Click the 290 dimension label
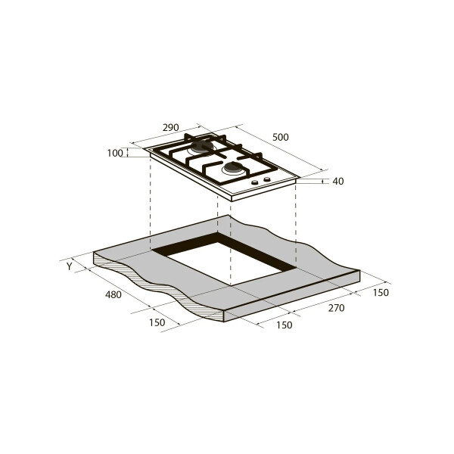tap(170, 127)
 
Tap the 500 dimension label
tap(280, 137)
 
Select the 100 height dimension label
tap(115, 153)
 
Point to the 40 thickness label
tap(338, 182)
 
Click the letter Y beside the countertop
tap(69, 266)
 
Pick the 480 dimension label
tap(113, 295)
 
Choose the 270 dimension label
tap(336, 308)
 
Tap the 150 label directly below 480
tap(157, 322)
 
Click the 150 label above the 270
tap(381, 293)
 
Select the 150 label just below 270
tap(284, 325)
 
